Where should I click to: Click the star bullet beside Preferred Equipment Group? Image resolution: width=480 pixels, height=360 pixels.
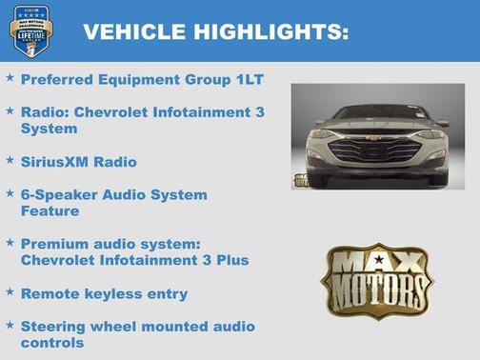[x=10, y=80]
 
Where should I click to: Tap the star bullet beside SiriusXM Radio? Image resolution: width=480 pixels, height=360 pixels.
[x=10, y=161]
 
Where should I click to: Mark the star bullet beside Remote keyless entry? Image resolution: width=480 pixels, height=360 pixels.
[x=10, y=293]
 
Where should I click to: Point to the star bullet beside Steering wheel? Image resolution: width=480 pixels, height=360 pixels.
[x=10, y=326]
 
